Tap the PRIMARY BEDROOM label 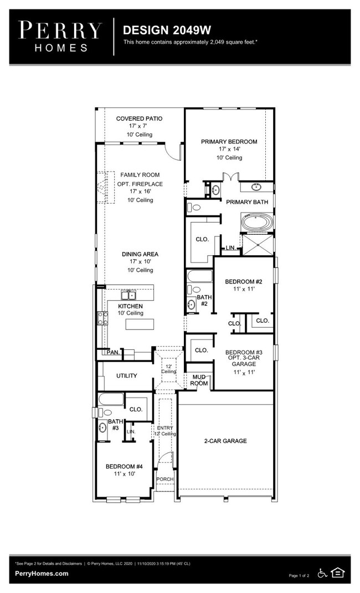pyautogui.click(x=229, y=142)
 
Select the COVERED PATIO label pyautogui.click(x=139, y=118)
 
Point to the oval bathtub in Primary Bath pyautogui.click(x=256, y=224)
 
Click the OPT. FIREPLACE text pyautogui.click(x=140, y=184)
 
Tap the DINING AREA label pyautogui.click(x=140, y=254)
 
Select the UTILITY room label pyautogui.click(x=126, y=376)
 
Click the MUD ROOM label pyautogui.click(x=199, y=380)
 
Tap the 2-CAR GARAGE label pyautogui.click(x=225, y=441)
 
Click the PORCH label pyautogui.click(x=165, y=479)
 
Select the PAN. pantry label pyautogui.click(x=113, y=352)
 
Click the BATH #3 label pyautogui.click(x=115, y=425)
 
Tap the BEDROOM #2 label pyautogui.click(x=243, y=282)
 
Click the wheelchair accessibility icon pyautogui.click(x=322, y=573)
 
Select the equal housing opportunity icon pyautogui.click(x=337, y=573)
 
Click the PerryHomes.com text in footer pyautogui.click(x=42, y=574)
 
